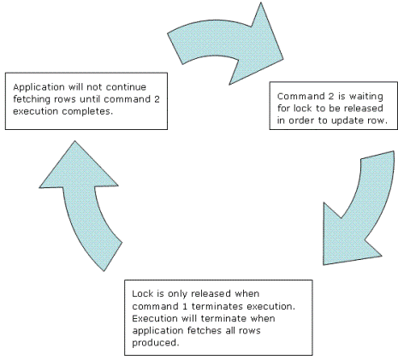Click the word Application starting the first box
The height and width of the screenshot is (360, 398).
pos(39,87)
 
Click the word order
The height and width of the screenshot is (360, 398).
pos(300,121)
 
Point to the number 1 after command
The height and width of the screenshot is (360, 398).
pos(184,306)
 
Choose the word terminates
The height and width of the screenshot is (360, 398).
pos(217,306)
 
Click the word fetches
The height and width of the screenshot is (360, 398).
pos(205,330)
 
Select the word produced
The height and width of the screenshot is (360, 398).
pos(155,343)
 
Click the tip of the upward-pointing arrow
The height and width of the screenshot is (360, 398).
pos(75,141)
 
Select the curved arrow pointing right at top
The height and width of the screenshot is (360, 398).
pos(225,44)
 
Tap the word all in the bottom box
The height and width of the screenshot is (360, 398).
pos(230,330)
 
